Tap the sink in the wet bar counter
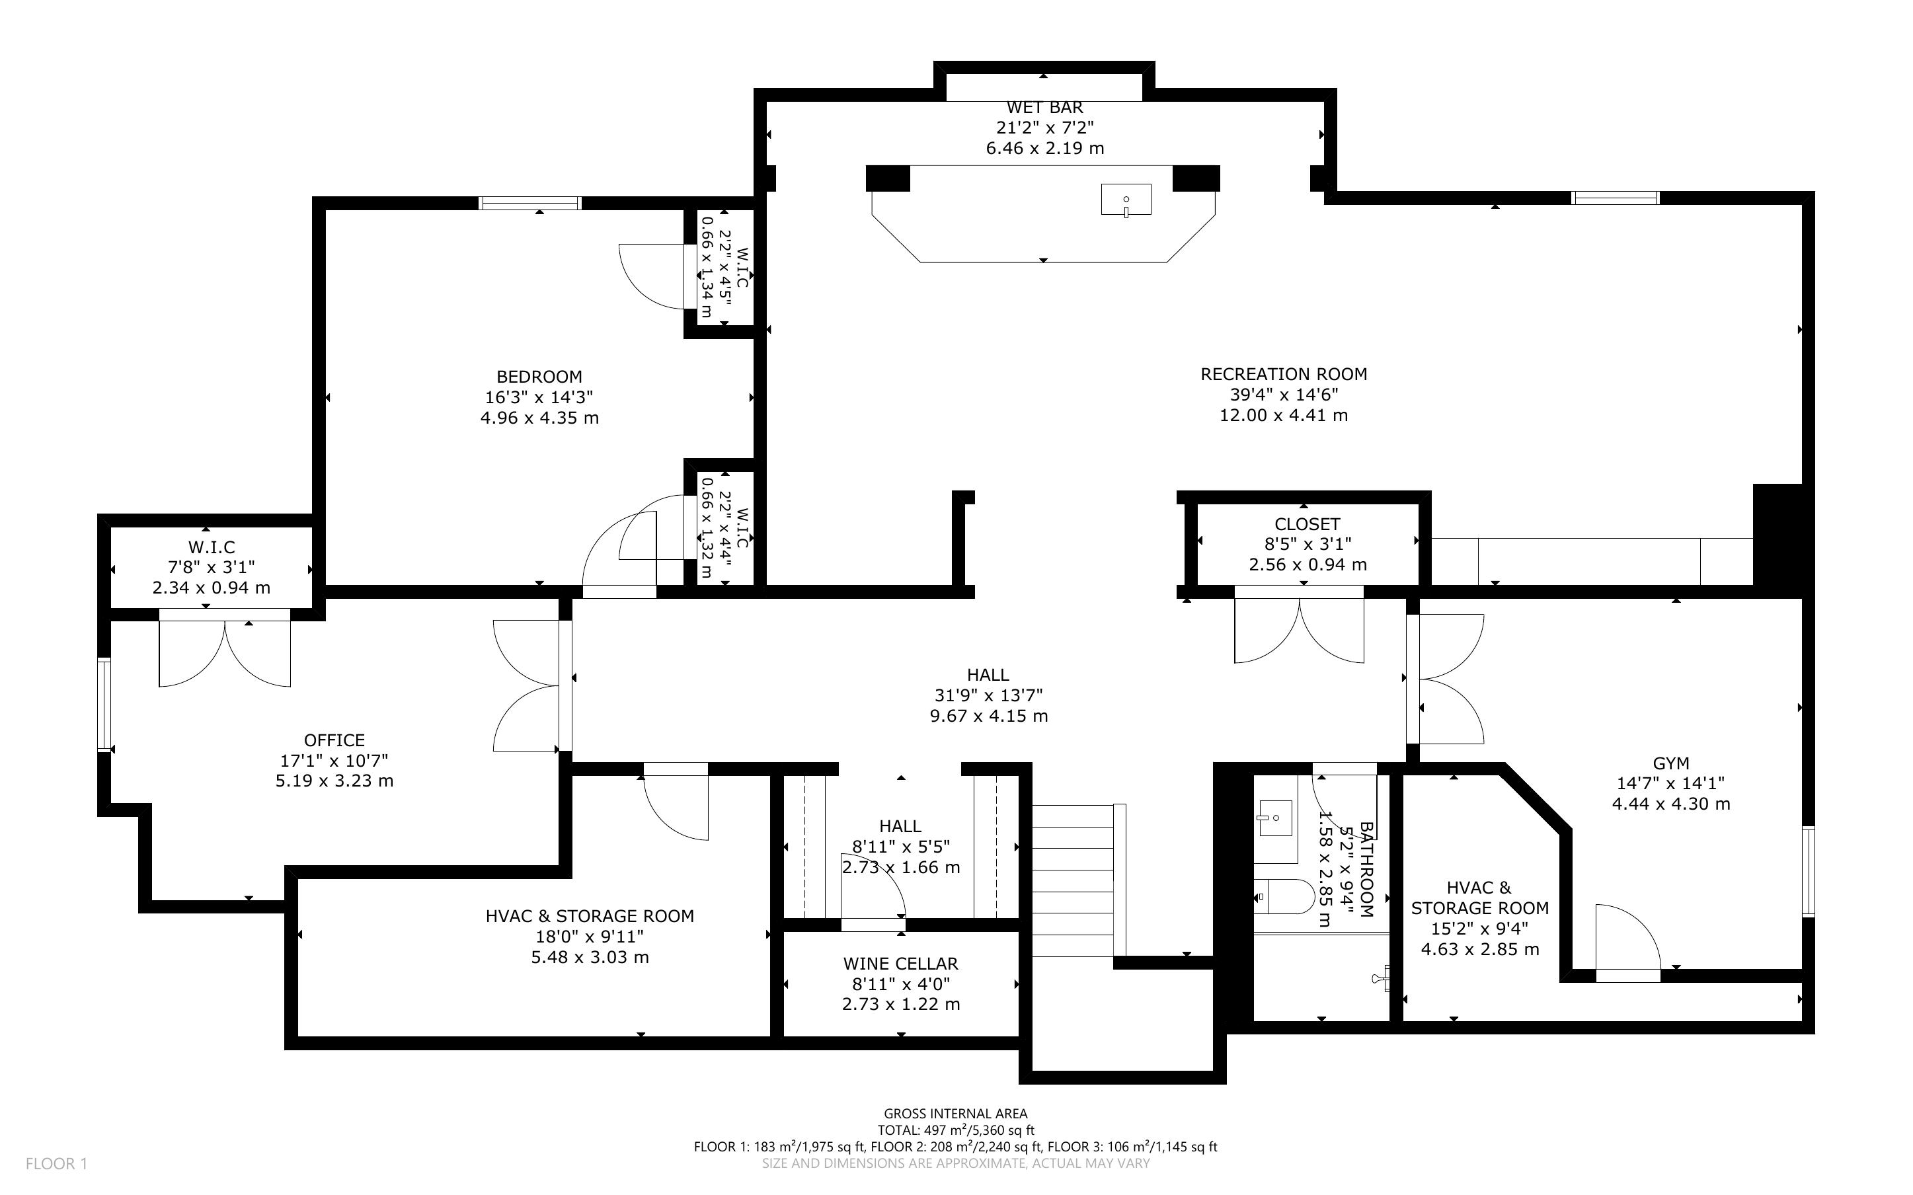pyautogui.click(x=1126, y=199)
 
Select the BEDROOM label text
pyautogui.click(x=539, y=377)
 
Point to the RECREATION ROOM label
pyautogui.click(x=1283, y=375)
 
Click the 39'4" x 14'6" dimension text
pyautogui.click(x=1283, y=395)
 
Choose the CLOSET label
pyautogui.click(x=1307, y=524)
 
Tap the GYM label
pyautogui.click(x=1671, y=763)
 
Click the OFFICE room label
pyautogui.click(x=334, y=740)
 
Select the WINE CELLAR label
pyautogui.click(x=901, y=964)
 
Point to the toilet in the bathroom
pyautogui.click(x=1284, y=897)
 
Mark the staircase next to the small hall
pyautogui.click(x=1079, y=880)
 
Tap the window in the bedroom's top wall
pyautogui.click(x=530, y=203)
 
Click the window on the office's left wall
pyautogui.click(x=104, y=704)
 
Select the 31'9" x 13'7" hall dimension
pyautogui.click(x=988, y=695)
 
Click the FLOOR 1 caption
pyautogui.click(x=56, y=1163)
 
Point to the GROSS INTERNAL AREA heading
pyautogui.click(x=955, y=1114)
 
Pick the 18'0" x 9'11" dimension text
pyautogui.click(x=590, y=937)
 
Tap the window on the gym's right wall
pyautogui.click(x=1808, y=871)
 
